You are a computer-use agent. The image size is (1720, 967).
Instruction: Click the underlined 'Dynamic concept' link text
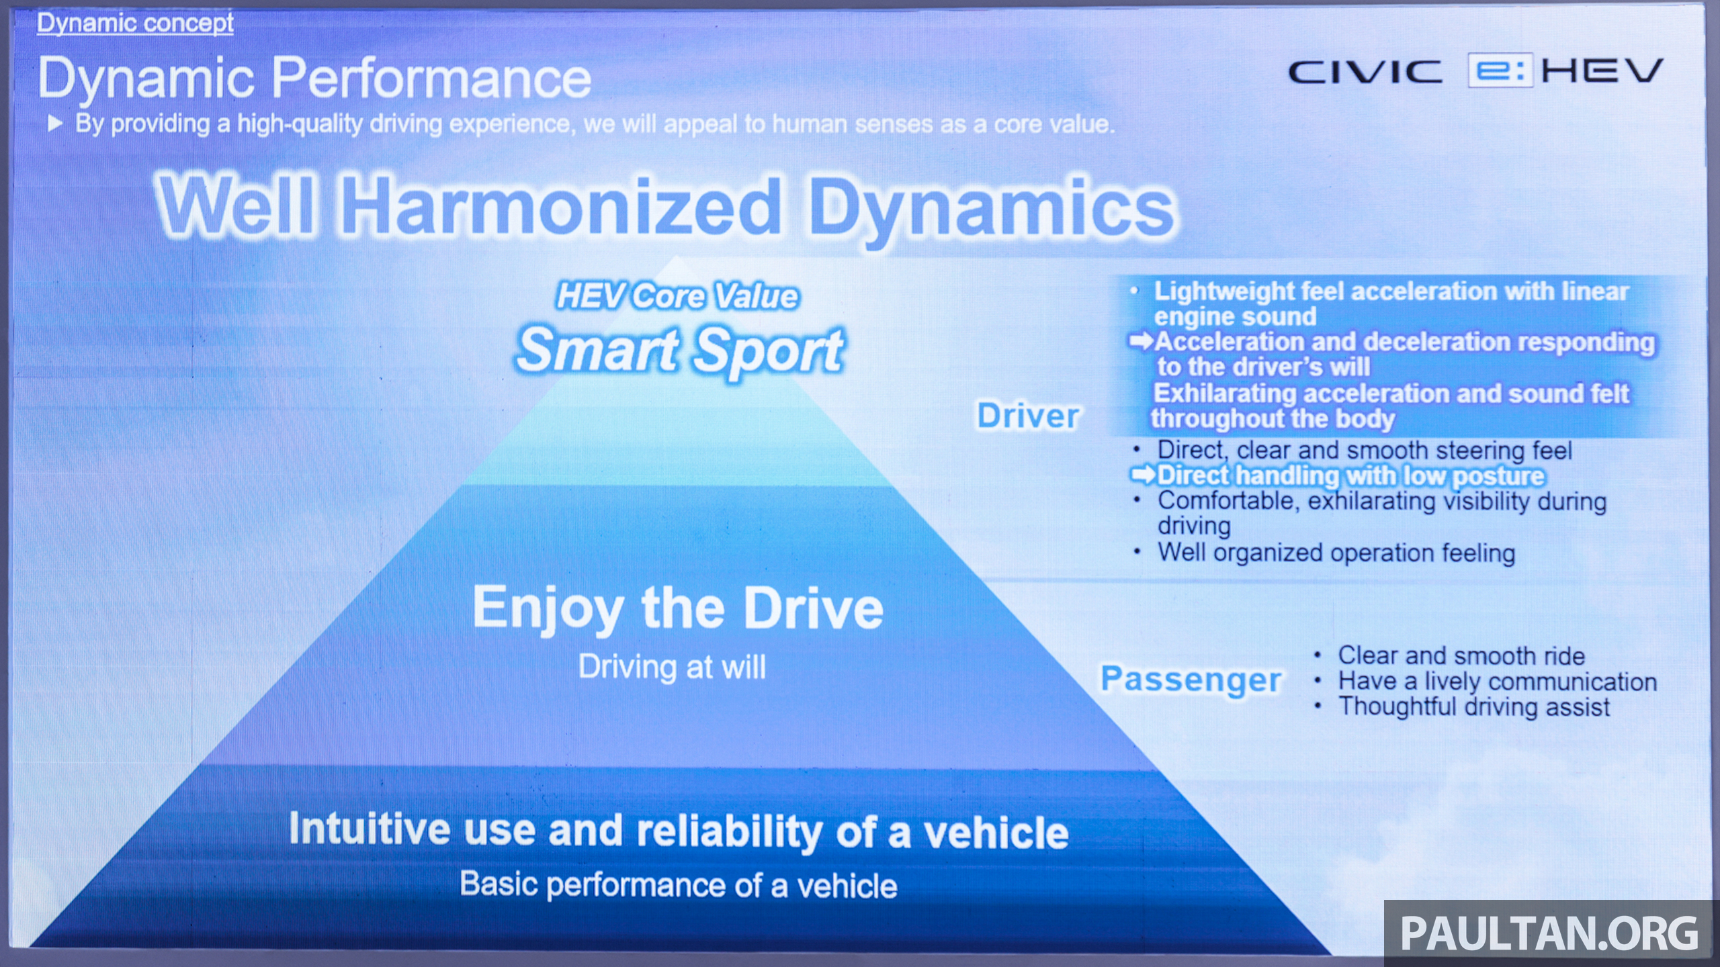135,23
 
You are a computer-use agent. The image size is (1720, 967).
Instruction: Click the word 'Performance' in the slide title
431,78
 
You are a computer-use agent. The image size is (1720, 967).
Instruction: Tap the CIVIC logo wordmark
1365,72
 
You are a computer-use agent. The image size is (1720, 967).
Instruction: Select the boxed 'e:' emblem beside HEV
1500,71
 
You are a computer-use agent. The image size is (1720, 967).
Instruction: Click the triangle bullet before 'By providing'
55,124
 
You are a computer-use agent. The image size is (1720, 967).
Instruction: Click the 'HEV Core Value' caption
677,296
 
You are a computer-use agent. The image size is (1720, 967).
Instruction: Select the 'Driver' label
1028,415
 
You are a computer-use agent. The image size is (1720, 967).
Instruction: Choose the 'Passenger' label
1191,679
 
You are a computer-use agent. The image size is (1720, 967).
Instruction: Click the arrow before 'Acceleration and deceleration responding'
1141,342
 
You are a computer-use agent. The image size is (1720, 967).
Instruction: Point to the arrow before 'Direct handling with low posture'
1143,475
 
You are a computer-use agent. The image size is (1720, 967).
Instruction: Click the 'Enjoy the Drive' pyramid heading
678,608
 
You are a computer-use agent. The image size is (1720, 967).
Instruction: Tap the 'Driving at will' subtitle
672,667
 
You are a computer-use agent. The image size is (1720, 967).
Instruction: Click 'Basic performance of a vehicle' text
679,885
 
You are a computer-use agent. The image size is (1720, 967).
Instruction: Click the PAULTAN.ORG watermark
1549,933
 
